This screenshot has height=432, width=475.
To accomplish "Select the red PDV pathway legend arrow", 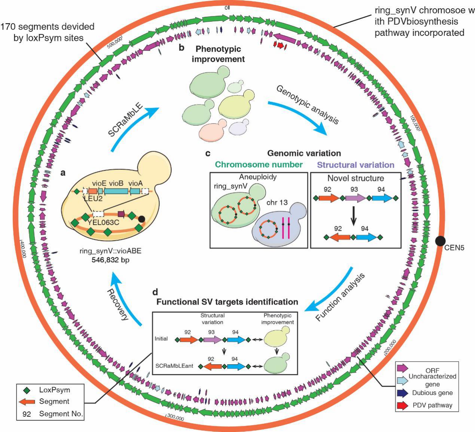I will (x=402, y=405).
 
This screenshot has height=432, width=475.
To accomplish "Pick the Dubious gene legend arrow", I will (x=402, y=393).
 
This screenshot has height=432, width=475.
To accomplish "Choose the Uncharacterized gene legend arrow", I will (x=402, y=380).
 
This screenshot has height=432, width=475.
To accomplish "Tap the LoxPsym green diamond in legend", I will (x=26, y=390).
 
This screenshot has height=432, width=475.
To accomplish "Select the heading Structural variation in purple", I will (x=356, y=165).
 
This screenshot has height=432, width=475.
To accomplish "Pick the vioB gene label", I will (x=116, y=183).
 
